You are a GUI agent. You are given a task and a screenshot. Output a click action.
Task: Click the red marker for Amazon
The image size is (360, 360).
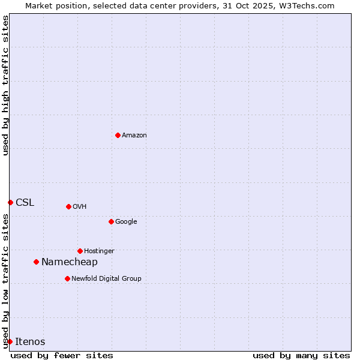point(118,135)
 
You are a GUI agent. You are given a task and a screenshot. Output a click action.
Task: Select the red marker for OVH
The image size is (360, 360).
point(68,206)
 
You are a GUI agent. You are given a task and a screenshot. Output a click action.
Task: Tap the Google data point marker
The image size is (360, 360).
point(111,221)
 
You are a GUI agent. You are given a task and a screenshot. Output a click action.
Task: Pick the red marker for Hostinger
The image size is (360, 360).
point(80,251)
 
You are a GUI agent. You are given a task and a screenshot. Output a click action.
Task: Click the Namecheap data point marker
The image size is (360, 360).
point(36,262)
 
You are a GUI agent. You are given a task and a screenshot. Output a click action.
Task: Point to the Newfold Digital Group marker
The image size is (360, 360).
point(67,278)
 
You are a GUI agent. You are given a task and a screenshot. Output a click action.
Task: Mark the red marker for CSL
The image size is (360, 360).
point(10,202)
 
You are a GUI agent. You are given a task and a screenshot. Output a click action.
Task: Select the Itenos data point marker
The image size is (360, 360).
point(10,341)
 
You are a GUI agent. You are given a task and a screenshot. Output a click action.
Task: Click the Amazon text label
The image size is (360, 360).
point(134,136)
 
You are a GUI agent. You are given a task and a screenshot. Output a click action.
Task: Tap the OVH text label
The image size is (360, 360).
point(80,207)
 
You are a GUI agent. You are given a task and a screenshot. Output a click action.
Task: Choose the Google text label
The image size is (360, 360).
point(126,222)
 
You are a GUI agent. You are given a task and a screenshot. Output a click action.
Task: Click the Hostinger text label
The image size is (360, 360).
point(99,251)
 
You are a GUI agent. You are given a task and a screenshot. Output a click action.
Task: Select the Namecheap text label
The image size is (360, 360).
point(70,262)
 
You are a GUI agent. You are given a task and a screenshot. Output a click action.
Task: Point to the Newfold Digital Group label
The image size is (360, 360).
point(106,279)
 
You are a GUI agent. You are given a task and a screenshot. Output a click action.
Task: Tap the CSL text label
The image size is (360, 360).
point(25,203)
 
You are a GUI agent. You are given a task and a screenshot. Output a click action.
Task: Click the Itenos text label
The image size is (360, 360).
point(30,342)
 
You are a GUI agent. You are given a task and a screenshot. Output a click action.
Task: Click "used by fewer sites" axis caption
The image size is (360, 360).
point(62,356)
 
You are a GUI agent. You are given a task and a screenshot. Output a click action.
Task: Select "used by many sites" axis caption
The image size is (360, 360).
point(301,356)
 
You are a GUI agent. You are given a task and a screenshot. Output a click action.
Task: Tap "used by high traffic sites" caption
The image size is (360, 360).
point(5,85)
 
